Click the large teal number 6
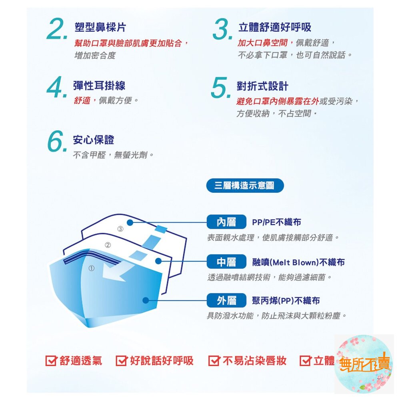pos(57,141)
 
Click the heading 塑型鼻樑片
pos(100,27)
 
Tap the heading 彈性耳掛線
pos(99,86)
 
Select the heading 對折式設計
pos(262,86)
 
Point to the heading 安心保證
pos(93,140)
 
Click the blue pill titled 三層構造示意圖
pos(245,186)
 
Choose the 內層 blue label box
pos(226,222)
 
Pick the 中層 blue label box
pos(226,262)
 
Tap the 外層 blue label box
pos(226,300)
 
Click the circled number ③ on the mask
pos(120,229)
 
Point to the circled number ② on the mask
pos(108,245)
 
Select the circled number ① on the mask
pos(92,268)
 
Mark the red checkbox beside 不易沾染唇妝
pos(214,360)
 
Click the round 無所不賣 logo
pos(364,364)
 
